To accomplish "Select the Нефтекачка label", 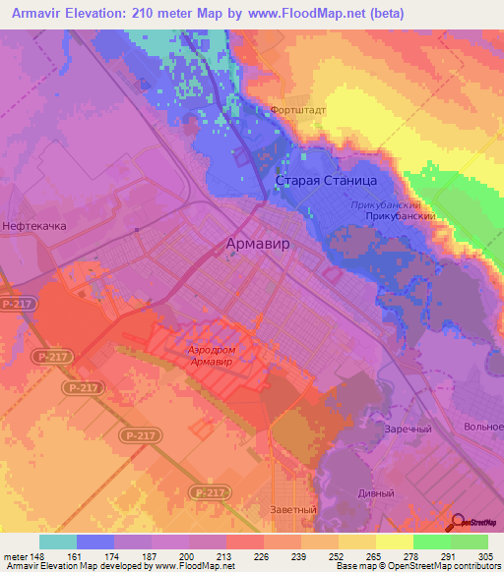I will pos(34,226).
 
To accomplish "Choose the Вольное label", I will pos(484,428).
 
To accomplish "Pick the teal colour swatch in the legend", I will pos(58,541).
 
